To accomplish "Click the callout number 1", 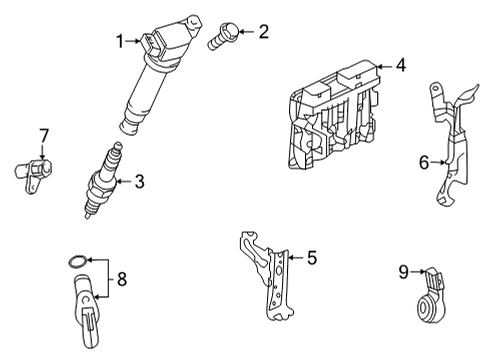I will click(x=119, y=41).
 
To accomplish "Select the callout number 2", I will click(x=263, y=32).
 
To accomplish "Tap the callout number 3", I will click(x=139, y=181).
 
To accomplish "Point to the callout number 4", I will click(x=400, y=66).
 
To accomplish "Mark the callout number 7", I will click(x=43, y=134).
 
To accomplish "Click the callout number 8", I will click(x=122, y=280).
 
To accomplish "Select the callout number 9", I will click(x=404, y=270).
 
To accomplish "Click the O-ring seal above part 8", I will click(x=74, y=263).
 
